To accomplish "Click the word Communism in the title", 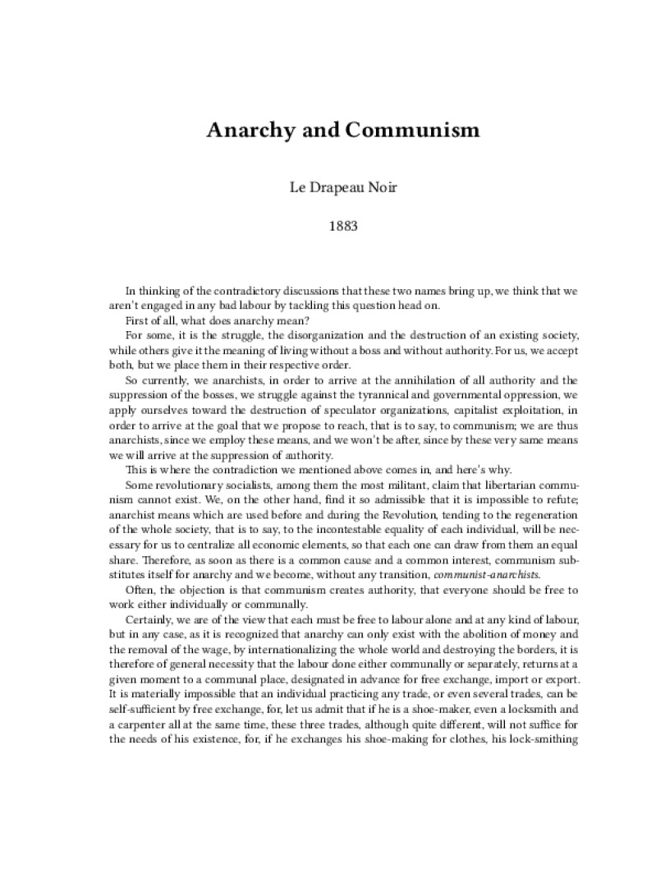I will pyautogui.click(x=414, y=131).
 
